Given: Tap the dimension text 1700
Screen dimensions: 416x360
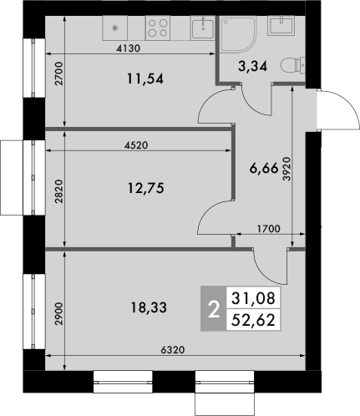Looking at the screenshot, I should tap(267, 228).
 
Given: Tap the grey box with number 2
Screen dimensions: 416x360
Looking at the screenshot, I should tap(214, 307).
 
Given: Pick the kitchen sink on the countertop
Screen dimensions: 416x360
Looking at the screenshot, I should tap(201, 28).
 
